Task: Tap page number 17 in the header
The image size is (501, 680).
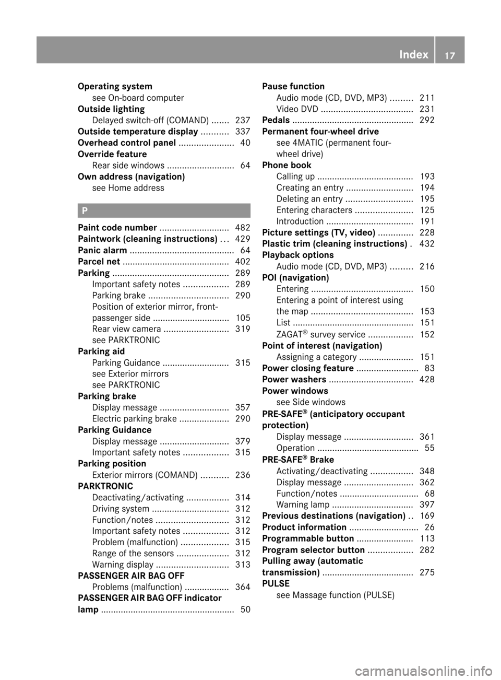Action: click(449, 54)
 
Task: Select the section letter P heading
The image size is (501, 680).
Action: click(85, 211)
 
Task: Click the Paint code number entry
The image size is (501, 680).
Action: click(117, 228)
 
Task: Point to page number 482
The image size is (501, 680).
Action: click(243, 228)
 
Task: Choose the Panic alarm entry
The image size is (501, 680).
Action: click(102, 250)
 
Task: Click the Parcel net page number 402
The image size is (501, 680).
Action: click(243, 262)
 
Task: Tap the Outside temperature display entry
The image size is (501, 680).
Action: click(138, 132)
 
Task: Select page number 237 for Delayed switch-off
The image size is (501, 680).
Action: click(243, 120)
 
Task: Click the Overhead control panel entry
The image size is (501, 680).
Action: click(127, 143)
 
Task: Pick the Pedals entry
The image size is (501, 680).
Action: click(276, 120)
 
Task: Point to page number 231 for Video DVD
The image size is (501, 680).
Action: click(427, 109)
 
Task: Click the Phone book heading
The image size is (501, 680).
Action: click(287, 165)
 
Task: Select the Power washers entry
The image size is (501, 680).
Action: click(294, 380)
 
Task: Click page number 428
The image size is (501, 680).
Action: click(427, 380)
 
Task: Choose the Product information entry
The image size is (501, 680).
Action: click(304, 527)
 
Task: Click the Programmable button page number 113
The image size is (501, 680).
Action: click(427, 538)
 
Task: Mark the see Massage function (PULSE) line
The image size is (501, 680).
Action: click(335, 595)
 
